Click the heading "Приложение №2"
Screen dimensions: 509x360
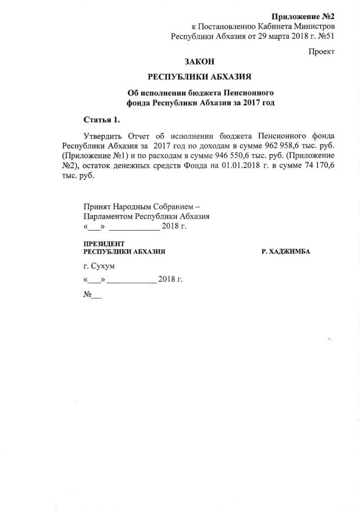[x=303, y=16]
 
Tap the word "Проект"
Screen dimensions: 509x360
[x=322, y=52]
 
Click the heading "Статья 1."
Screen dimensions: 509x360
[x=102, y=119]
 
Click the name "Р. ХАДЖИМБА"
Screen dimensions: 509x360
[x=286, y=251]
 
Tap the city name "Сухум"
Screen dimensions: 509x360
[x=103, y=265]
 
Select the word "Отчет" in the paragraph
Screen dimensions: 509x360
[x=140, y=136]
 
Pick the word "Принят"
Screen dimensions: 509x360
[x=96, y=206]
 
